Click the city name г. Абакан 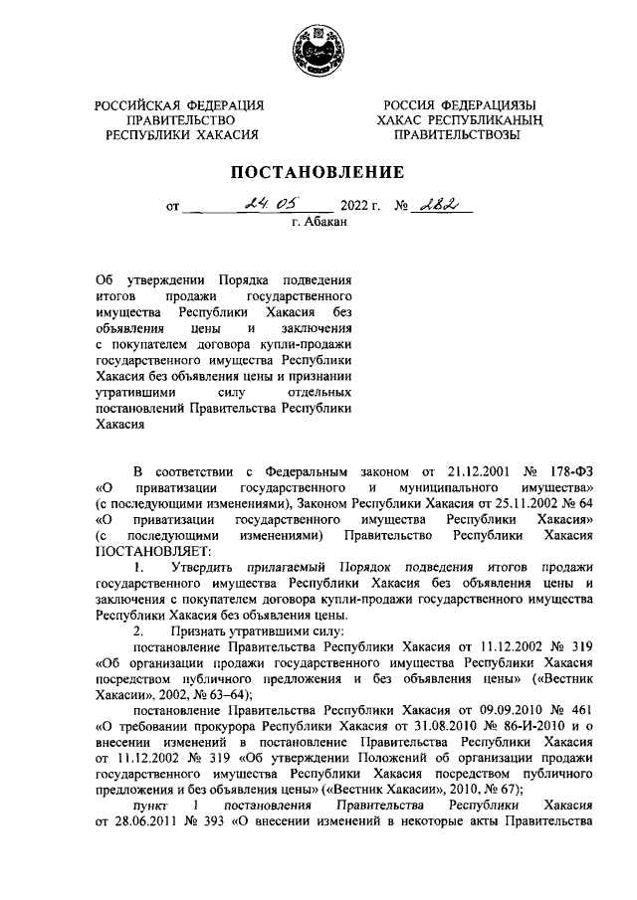pos(318,225)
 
